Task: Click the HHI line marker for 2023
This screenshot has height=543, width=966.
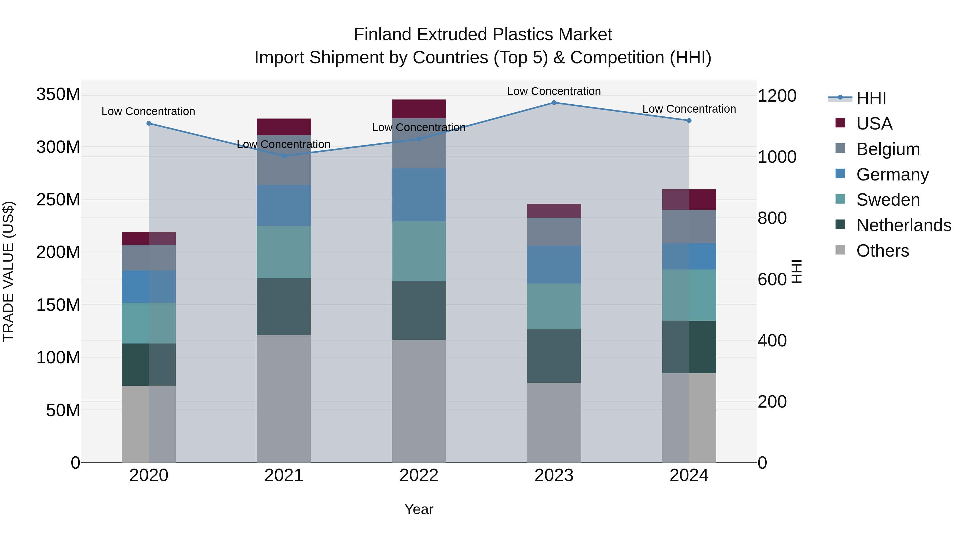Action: [554, 102]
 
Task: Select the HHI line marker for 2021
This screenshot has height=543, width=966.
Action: [284, 156]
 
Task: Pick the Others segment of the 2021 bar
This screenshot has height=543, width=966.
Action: [284, 398]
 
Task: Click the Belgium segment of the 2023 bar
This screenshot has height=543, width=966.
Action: [554, 232]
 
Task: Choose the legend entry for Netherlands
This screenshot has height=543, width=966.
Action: [903, 225]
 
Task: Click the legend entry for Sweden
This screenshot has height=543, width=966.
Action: [888, 200]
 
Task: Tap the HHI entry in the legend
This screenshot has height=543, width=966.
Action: [871, 98]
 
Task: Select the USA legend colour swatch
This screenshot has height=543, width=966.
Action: [840, 123]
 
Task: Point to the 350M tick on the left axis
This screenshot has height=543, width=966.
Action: [58, 94]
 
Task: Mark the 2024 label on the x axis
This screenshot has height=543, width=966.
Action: [689, 475]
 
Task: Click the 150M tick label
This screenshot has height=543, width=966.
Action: [58, 305]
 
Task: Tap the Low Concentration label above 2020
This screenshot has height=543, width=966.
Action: [148, 111]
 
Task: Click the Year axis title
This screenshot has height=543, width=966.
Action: [419, 509]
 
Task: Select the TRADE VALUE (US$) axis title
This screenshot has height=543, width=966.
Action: [8, 271]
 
